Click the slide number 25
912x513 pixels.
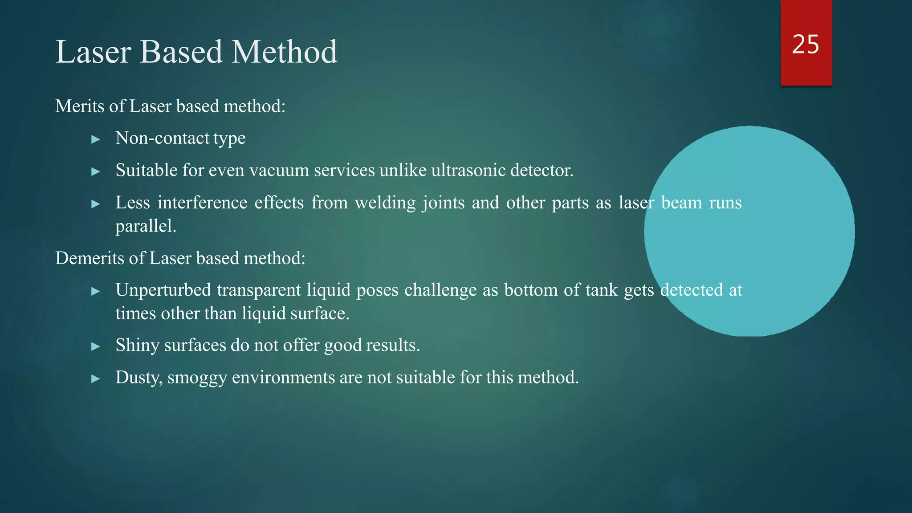pyautogui.click(x=805, y=45)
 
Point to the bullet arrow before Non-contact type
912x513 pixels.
pyautogui.click(x=95, y=139)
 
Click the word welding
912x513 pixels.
pyautogui.click(x=385, y=203)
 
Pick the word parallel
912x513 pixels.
pyautogui.click(x=145, y=226)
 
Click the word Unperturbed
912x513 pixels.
pyautogui.click(x=163, y=290)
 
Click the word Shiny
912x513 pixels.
pyautogui.click(x=137, y=346)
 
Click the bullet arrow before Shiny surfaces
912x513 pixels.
pyautogui.click(x=95, y=346)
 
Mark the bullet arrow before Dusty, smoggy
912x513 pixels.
pyautogui.click(x=95, y=379)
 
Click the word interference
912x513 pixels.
pyautogui.click(x=202, y=203)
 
